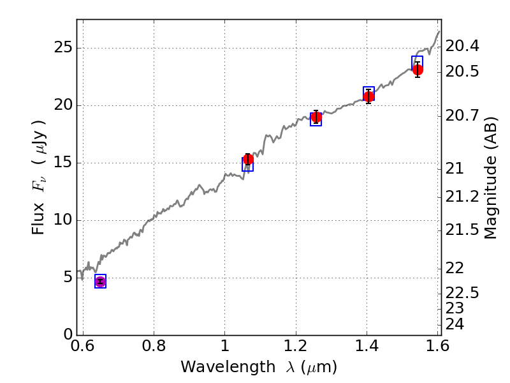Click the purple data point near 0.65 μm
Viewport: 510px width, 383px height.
pos(100,282)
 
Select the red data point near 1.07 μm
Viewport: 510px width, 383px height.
pos(249,159)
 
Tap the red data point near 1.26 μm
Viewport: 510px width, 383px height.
pos(316,117)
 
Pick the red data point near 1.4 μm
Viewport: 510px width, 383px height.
pos(369,97)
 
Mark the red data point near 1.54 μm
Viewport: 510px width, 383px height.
pos(418,70)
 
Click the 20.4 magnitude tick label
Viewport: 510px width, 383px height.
pos(463,47)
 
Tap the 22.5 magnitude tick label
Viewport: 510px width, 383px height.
pos(463,293)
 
